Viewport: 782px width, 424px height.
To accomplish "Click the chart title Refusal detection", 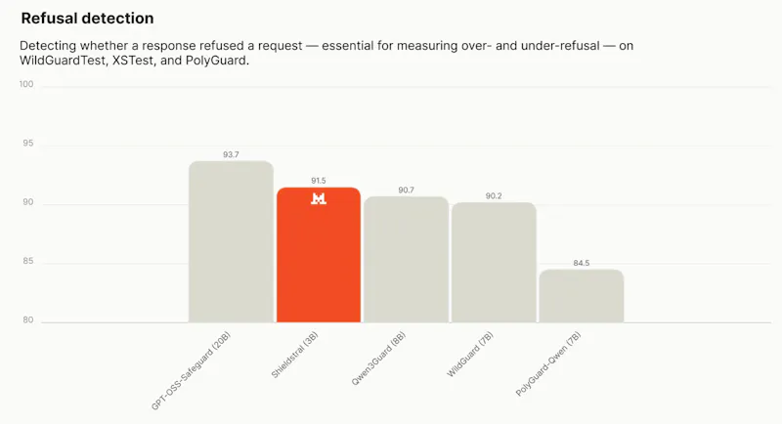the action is [x=87, y=19].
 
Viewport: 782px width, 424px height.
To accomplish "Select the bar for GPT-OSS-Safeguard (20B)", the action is [x=231, y=241].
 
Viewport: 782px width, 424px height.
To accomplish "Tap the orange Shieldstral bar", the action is [x=319, y=255].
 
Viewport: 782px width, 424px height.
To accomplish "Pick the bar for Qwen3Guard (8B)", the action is [x=406, y=260].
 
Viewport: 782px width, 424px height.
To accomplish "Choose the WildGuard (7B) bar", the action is [x=494, y=263].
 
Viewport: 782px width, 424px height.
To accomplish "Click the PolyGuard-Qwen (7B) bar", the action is [x=582, y=296].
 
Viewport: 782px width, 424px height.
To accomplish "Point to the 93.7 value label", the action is [x=231, y=155].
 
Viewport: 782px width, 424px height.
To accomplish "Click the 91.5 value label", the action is [x=319, y=181].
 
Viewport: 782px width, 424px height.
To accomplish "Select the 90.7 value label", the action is [x=406, y=191].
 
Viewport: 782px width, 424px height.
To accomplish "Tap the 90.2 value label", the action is [x=494, y=196].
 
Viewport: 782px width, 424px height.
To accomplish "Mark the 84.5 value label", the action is [x=582, y=263].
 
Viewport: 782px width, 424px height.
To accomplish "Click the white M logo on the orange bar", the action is [x=319, y=198].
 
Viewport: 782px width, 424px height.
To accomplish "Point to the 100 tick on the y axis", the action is [x=26, y=84].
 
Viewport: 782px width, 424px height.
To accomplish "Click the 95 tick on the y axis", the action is [x=28, y=144].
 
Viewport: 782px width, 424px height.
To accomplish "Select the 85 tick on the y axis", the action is [x=28, y=261].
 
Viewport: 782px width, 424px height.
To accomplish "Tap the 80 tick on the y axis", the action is [x=28, y=320].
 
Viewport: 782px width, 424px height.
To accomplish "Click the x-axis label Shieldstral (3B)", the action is [x=294, y=356].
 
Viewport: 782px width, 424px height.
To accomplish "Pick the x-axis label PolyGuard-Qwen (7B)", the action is [x=548, y=364].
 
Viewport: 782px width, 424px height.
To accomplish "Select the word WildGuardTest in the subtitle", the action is [x=63, y=61].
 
